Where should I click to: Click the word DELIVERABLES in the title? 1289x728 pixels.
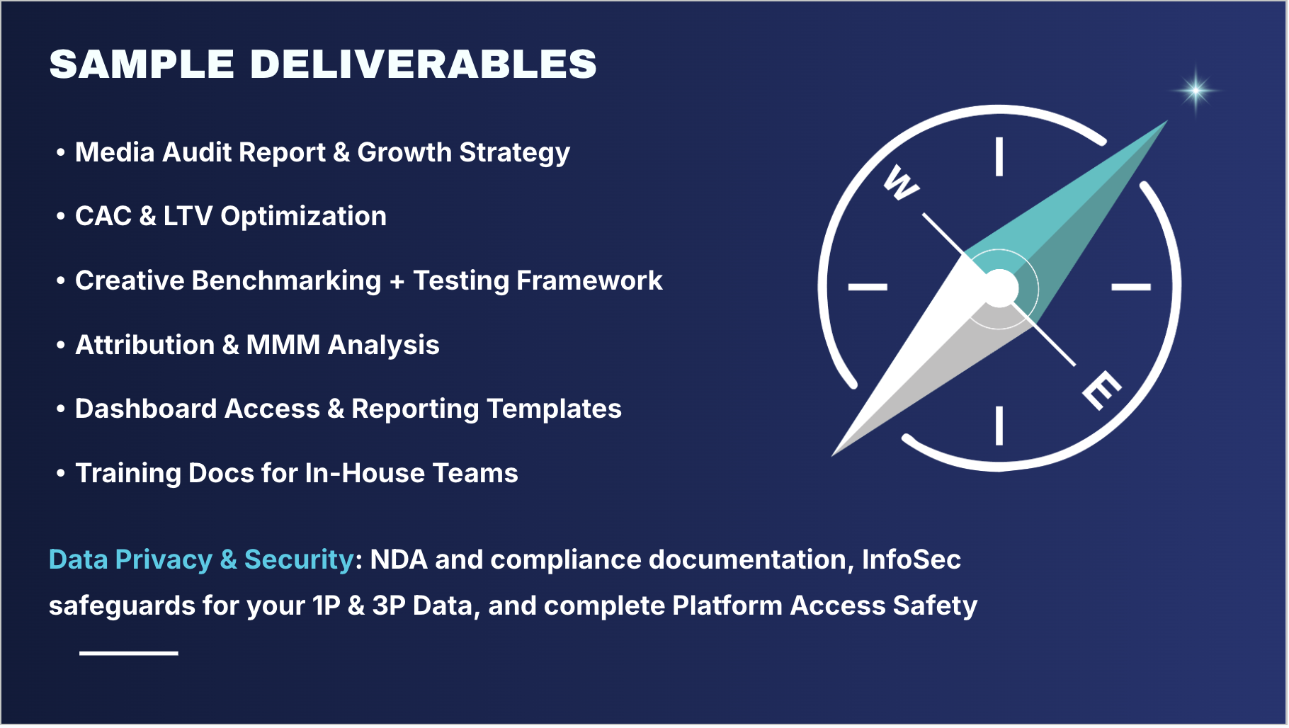point(423,64)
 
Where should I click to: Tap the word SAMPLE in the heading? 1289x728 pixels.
point(142,64)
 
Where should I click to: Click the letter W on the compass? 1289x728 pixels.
point(901,183)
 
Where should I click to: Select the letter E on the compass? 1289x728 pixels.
point(1101,389)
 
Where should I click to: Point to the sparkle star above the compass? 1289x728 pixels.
point(1196,90)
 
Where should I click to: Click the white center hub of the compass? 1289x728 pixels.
point(999,288)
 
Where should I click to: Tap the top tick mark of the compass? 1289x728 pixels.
point(999,157)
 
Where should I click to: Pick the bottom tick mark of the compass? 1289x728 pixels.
point(999,425)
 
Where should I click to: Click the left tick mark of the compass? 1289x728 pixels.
point(868,287)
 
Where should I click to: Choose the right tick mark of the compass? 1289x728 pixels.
point(1131,287)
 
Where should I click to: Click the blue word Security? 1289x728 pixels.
point(298,560)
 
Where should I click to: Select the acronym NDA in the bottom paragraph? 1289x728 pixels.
point(399,560)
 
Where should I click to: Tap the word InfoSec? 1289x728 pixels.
point(911,560)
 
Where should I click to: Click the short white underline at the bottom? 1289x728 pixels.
point(128,653)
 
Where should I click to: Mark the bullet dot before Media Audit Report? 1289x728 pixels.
point(61,152)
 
